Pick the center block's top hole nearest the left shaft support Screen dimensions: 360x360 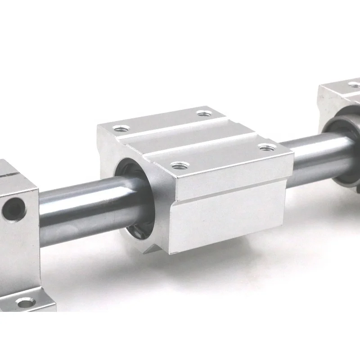(x=119, y=129)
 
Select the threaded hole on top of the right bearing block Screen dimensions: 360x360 (x=354, y=84)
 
